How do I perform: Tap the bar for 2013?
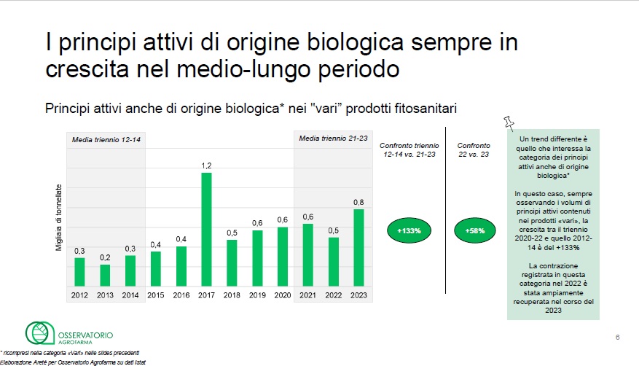point(105,275)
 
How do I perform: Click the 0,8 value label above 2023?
point(358,202)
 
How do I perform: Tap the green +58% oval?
point(476,230)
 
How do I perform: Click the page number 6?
point(618,337)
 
